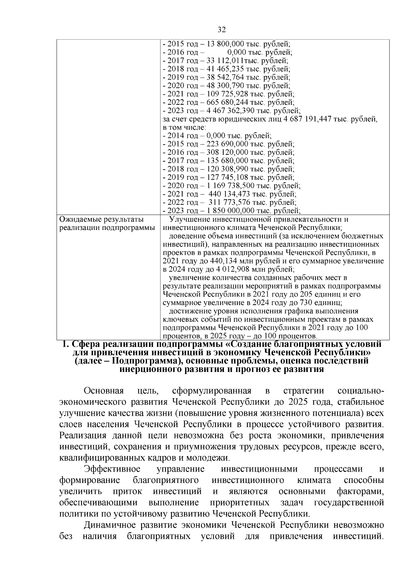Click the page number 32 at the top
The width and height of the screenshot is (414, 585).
click(222, 30)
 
